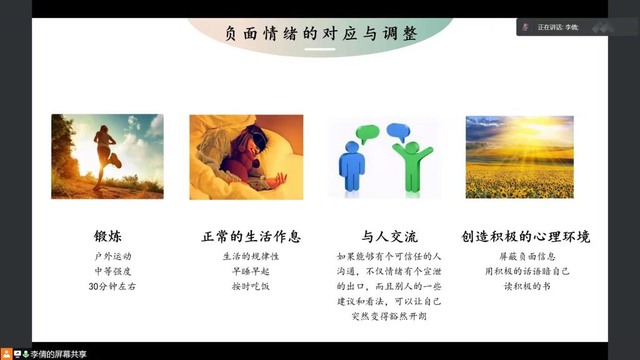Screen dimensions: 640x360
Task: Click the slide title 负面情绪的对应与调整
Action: (321, 33)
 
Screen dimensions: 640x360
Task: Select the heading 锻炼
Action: (107, 236)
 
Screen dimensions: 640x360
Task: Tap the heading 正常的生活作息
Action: (251, 236)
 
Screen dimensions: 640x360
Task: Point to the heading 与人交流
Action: (389, 236)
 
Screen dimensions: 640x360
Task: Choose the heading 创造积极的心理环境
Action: (526, 236)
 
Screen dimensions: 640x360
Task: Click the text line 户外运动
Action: (113, 256)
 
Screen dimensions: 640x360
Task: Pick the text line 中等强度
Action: (113, 271)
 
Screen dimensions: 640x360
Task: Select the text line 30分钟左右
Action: (112, 286)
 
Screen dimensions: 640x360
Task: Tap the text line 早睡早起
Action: (251, 271)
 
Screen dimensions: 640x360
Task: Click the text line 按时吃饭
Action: (251, 286)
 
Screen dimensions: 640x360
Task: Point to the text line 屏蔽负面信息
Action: (527, 256)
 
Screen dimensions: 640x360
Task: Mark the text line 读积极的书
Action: (527, 286)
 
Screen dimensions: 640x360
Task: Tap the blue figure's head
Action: (352, 147)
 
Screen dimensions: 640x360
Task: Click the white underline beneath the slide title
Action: (320, 49)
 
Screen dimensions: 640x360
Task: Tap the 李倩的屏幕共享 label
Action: (58, 354)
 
